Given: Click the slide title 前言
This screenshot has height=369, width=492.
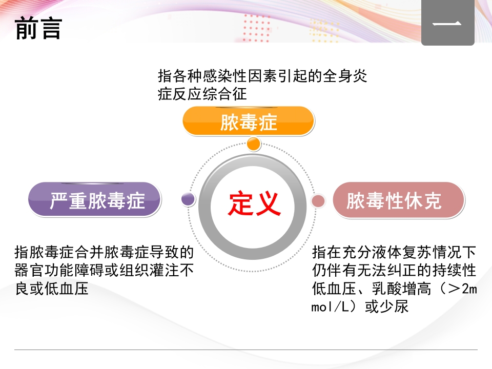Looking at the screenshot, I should [x=38, y=28].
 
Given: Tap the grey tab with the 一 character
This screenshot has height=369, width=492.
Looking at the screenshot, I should [x=447, y=24].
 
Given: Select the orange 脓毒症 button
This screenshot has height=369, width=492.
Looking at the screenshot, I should [x=249, y=122].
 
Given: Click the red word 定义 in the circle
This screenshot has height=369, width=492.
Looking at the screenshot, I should [x=254, y=204].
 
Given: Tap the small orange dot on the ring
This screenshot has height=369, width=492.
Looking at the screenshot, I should [x=254, y=144].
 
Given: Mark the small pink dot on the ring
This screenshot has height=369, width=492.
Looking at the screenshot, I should [x=318, y=200].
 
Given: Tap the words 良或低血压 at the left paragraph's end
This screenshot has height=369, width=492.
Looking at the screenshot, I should [x=52, y=289].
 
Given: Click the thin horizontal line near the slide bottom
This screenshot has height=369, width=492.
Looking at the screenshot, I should [x=246, y=350].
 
